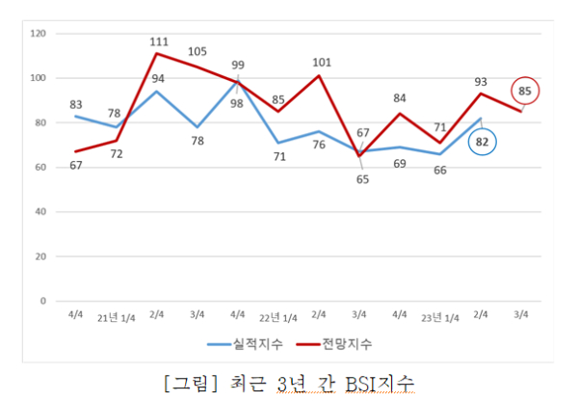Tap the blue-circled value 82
coord(484,143)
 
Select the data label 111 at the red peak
coord(159,41)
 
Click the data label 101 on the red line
coord(323,64)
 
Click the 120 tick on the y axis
coord(39,34)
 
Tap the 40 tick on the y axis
coord(40,212)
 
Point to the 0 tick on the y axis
coord(43,301)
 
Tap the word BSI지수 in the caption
coord(381,379)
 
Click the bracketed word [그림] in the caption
coord(191,379)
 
